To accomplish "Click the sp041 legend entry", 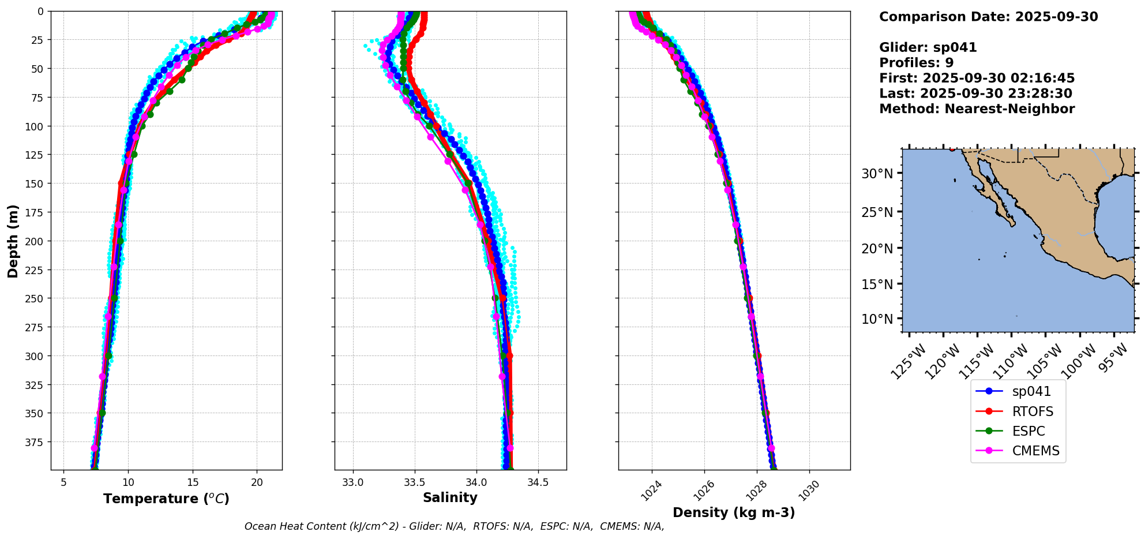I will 1031,391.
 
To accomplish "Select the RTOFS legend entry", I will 1032,411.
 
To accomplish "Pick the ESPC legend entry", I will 1028,431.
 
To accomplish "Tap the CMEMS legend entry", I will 1035,451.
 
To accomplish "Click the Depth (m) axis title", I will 13,241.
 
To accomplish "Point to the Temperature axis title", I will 166,499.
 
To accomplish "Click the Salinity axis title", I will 450,497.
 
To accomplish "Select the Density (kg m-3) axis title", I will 734,512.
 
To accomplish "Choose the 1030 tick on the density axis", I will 808,491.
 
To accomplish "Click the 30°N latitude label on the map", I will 877,174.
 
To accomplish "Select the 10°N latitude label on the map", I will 877,319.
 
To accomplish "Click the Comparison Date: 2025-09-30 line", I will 988,17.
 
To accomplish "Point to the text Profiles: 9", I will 916,63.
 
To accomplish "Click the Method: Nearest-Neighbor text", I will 977,109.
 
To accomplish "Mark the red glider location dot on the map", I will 952,149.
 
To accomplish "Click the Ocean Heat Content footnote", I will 454,526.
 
